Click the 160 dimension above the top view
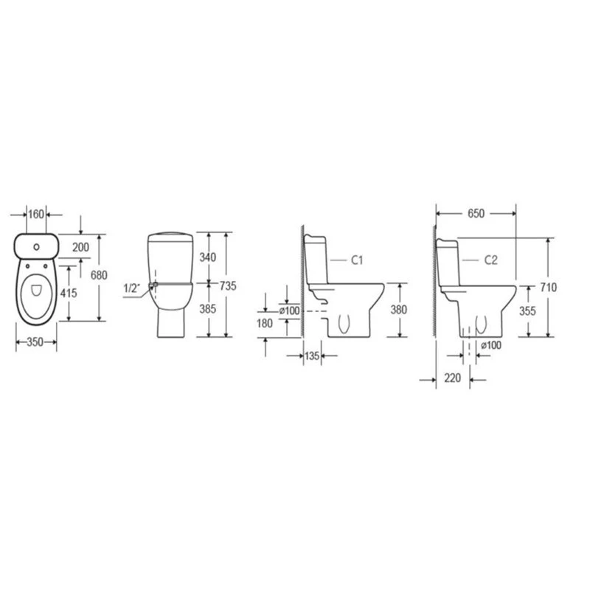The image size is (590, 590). tap(36, 214)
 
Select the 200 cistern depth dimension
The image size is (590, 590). tap(81, 247)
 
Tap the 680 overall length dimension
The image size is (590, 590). tap(99, 275)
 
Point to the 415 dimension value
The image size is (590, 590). tap(69, 293)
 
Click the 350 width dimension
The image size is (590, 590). tap(35, 342)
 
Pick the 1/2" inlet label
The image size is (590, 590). tap(132, 288)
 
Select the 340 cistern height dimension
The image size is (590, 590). tap(208, 257)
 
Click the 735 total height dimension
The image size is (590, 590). tap(228, 286)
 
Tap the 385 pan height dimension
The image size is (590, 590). tap(208, 309)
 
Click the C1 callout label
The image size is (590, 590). tap(357, 260)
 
